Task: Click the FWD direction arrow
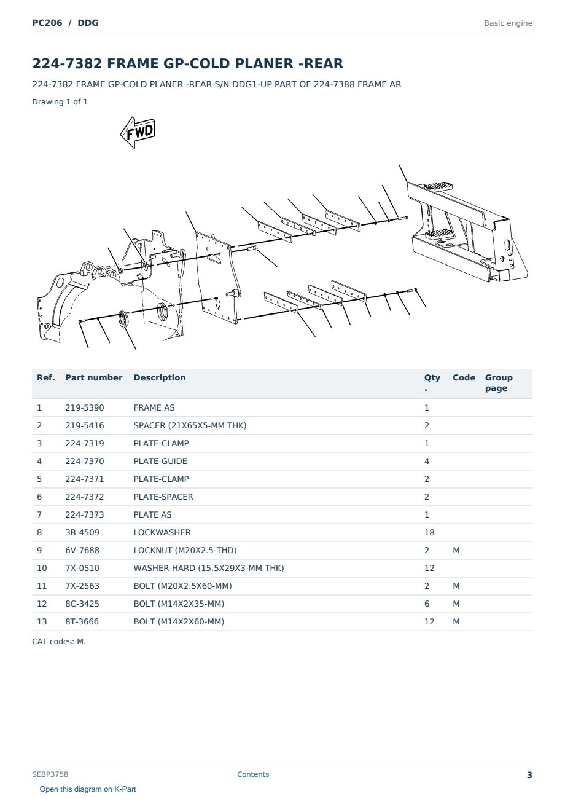pos(138,132)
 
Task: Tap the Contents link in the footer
pos(253,774)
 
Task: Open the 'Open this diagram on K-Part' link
pos(88,789)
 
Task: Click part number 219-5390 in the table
pos(85,407)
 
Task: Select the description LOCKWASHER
pos(162,532)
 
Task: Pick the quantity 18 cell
pos(429,532)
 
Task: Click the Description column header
pos(159,378)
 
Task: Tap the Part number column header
pos(94,378)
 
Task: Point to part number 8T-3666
pos(82,622)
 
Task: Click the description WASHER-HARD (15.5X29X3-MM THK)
pos(209,569)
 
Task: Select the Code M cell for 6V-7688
pos(456,550)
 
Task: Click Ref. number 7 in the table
pos(39,514)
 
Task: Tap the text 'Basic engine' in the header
pos(508,23)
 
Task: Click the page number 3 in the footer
pos(529,775)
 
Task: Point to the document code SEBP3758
pos(50,774)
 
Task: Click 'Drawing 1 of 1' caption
pos(60,102)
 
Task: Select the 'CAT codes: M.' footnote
pos(59,642)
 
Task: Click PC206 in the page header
pos(47,23)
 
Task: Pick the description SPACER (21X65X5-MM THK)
pos(190,425)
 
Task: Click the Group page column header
pos(499,383)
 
